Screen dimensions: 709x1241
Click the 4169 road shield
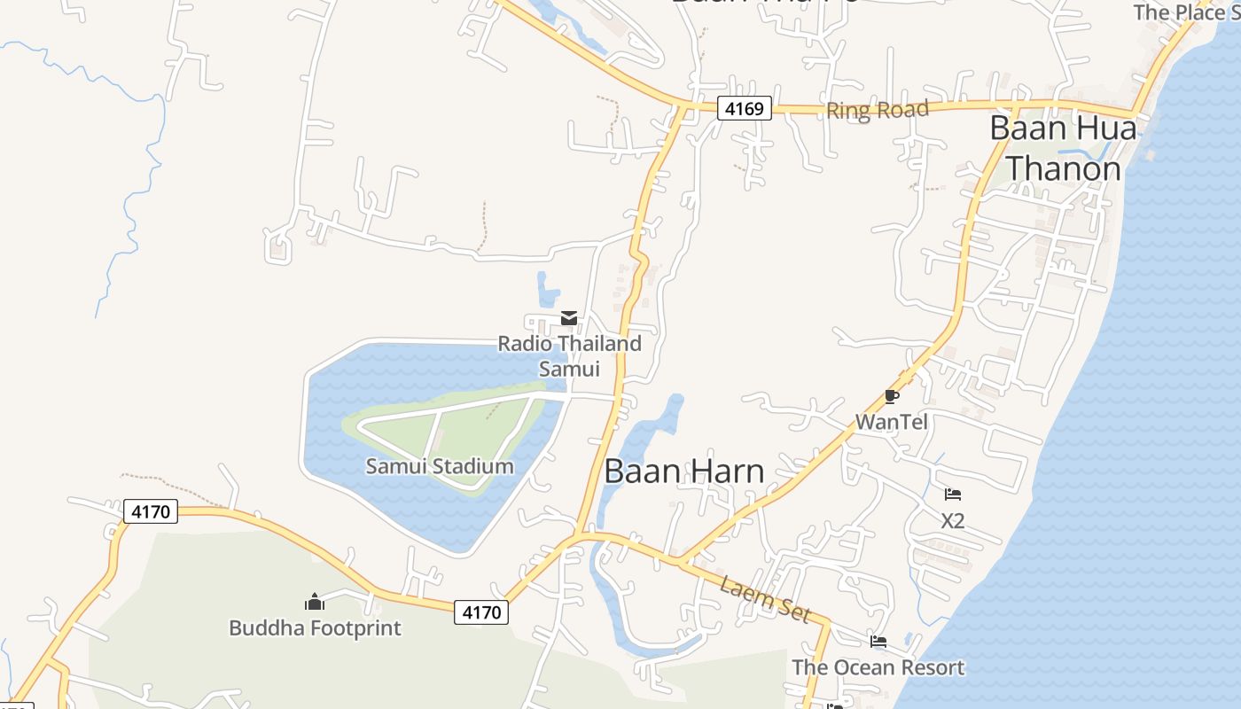point(744,109)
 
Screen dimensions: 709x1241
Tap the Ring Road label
point(877,110)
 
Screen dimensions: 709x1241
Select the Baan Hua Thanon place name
point(1063,147)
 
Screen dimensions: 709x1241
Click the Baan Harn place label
point(683,471)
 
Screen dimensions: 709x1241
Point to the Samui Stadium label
point(440,466)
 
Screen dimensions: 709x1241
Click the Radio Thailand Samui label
point(569,355)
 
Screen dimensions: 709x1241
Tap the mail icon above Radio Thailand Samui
point(569,318)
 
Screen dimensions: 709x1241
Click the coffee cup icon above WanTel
point(892,396)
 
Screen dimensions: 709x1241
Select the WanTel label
point(892,422)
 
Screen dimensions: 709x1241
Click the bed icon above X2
point(953,495)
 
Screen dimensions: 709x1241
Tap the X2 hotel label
point(953,520)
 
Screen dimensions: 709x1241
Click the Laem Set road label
point(765,599)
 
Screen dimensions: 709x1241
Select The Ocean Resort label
point(878,667)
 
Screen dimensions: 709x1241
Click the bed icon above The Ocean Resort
point(878,641)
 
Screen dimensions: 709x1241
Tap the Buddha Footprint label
point(315,628)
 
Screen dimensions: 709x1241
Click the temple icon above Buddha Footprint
point(315,603)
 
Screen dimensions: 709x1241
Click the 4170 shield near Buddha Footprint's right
point(481,612)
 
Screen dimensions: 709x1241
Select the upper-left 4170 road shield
point(151,511)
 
